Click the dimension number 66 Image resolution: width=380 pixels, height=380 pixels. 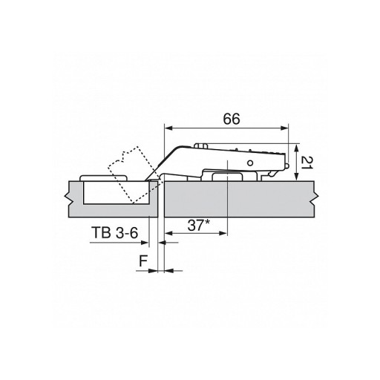click(x=232, y=119)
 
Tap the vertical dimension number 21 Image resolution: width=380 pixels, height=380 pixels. click(x=307, y=163)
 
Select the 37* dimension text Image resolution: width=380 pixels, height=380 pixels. click(x=198, y=226)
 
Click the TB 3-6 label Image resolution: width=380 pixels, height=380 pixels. click(x=114, y=232)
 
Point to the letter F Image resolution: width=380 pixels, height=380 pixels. click(x=143, y=261)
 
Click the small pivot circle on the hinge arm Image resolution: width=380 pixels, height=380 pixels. click(x=250, y=163)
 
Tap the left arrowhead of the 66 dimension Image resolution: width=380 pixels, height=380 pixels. click(x=168, y=128)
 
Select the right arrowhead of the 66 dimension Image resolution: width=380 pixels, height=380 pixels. click(x=284, y=128)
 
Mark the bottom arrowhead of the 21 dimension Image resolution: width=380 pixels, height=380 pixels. click(x=296, y=177)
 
